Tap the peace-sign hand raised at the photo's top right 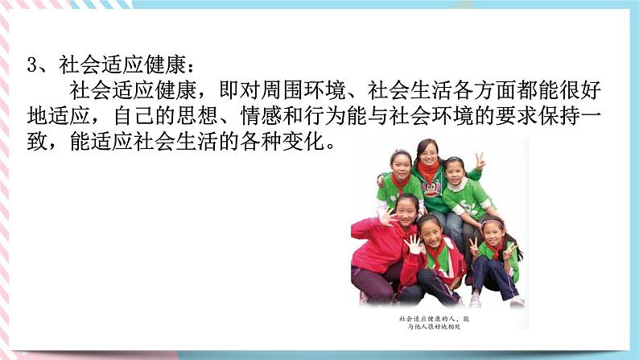click(x=480, y=159)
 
